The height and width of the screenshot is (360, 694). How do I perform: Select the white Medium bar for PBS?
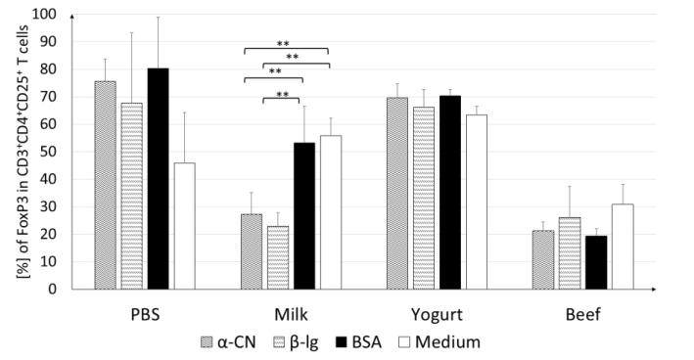point(183,226)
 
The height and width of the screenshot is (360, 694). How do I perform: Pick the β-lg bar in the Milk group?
point(278,257)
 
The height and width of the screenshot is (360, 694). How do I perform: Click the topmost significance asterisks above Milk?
point(284,44)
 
